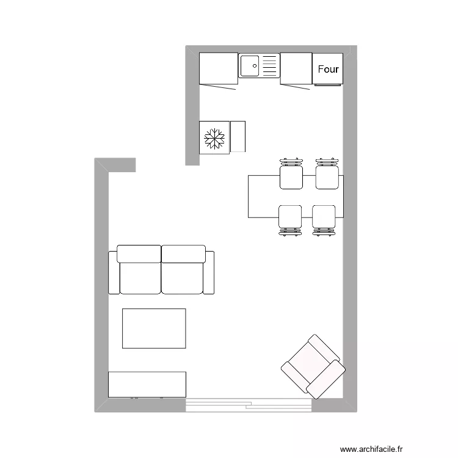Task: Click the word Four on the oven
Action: (x=328, y=69)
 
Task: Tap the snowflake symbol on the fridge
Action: (x=214, y=138)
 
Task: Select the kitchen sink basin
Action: (x=250, y=65)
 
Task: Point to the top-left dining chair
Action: (x=291, y=176)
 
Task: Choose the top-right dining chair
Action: (x=327, y=176)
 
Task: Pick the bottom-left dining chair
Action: (x=290, y=217)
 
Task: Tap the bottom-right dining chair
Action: (x=324, y=217)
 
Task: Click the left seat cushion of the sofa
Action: (x=140, y=277)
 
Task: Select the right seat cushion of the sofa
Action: (x=182, y=277)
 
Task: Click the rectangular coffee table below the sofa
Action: (x=154, y=329)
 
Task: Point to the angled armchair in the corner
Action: (x=313, y=366)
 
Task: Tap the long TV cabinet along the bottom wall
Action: (x=147, y=383)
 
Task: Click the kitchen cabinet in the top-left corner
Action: (x=218, y=68)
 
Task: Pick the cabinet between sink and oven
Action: (x=296, y=68)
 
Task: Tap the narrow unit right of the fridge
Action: (x=238, y=137)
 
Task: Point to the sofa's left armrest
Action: (x=113, y=272)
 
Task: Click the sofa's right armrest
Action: (x=209, y=272)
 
